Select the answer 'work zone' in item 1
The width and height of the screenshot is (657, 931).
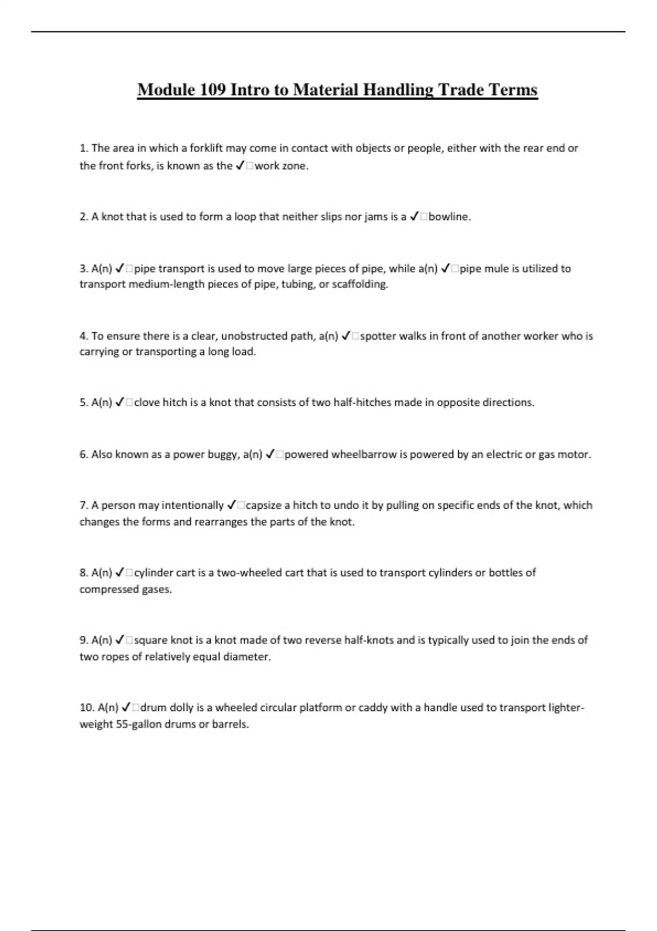[281, 166]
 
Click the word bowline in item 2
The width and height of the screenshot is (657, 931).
[448, 217]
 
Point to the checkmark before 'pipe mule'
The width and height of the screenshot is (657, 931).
[446, 268]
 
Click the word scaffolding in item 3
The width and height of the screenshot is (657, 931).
[360, 284]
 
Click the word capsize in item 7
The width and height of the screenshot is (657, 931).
[264, 505]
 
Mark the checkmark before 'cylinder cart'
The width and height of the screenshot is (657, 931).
[121, 573]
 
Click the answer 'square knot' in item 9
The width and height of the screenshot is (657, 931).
[163, 640]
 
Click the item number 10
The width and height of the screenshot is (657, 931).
[87, 708]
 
